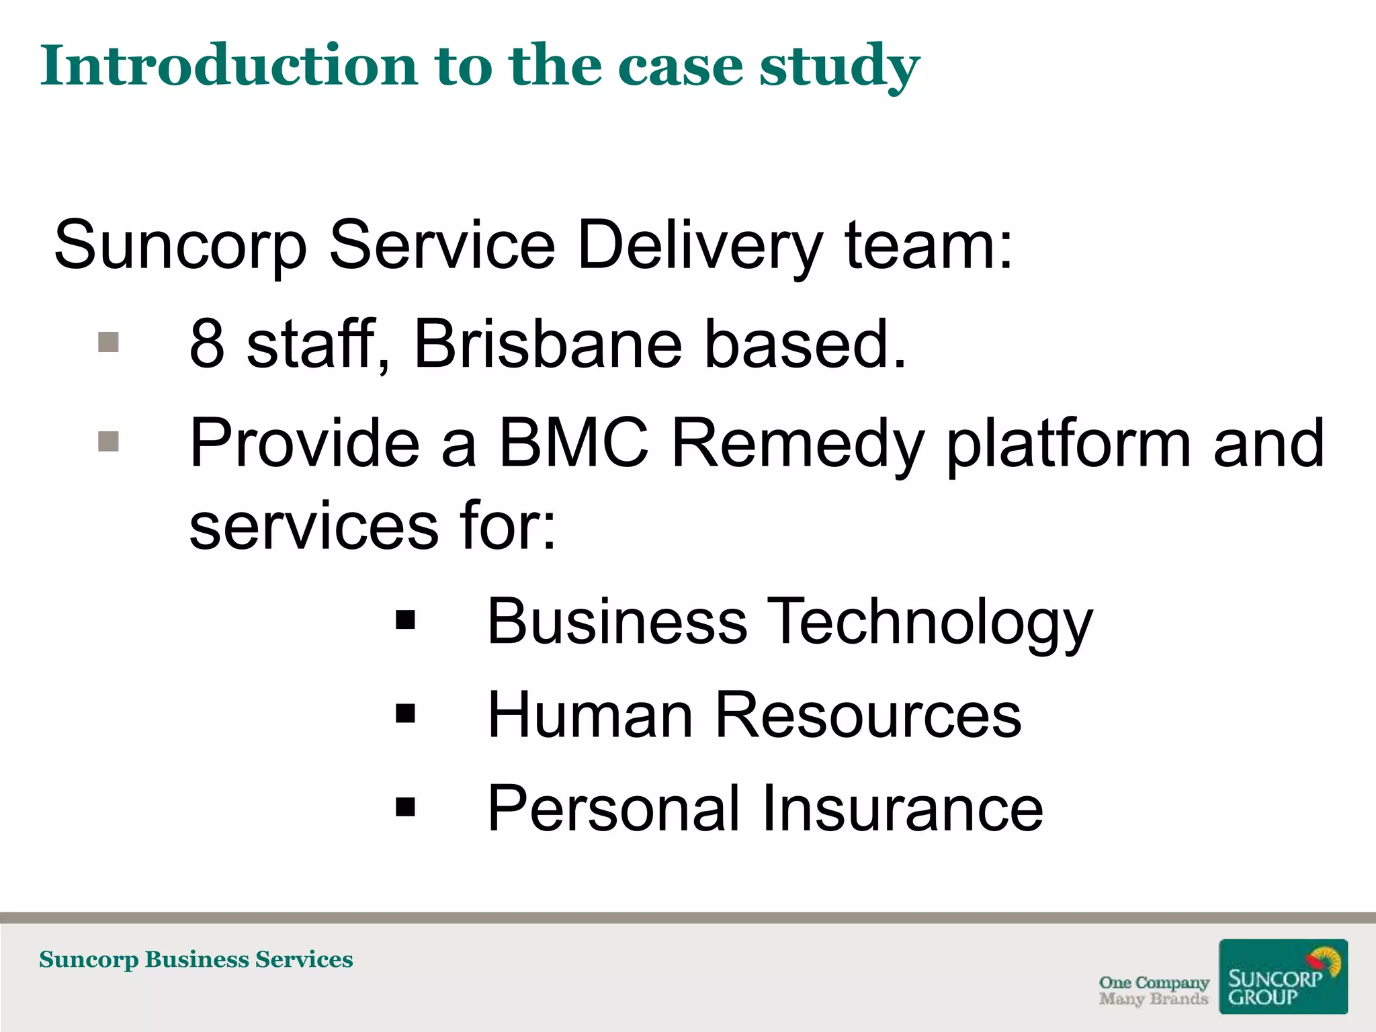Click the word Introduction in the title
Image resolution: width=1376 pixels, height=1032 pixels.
click(229, 65)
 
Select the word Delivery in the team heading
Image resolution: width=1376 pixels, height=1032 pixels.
click(699, 245)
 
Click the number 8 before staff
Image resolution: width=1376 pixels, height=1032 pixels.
click(207, 343)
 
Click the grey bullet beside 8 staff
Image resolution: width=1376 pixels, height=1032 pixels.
click(109, 342)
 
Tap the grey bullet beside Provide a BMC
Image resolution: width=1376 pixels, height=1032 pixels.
click(109, 441)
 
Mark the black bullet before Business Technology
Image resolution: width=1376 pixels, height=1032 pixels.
click(406, 620)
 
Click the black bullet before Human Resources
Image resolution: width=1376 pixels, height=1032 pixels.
click(406, 713)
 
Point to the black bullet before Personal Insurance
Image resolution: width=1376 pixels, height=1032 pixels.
click(406, 806)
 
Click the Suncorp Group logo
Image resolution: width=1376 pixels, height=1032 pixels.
click(1283, 977)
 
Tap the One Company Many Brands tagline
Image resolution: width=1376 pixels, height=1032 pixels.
click(1154, 990)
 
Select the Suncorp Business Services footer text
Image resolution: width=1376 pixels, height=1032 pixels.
click(196, 959)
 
